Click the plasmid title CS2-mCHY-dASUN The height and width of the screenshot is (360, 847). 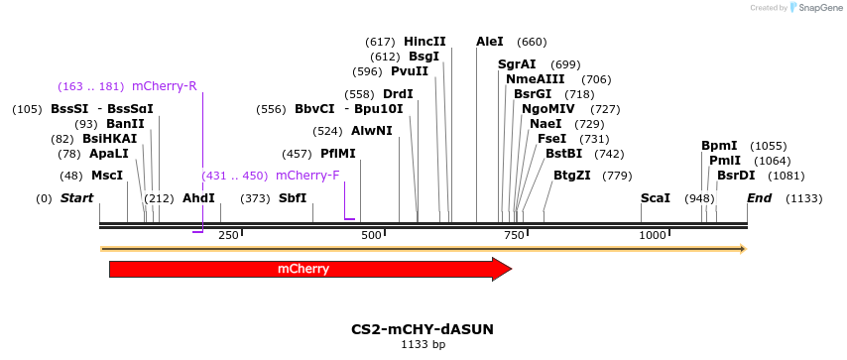pyautogui.click(x=423, y=329)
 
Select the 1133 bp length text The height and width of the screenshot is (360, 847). pyautogui.click(x=423, y=345)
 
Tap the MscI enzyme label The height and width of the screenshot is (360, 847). pyautogui.click(x=107, y=176)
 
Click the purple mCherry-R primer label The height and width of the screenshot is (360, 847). pyautogui.click(x=164, y=86)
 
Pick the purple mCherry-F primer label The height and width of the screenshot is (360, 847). pyautogui.click(x=307, y=176)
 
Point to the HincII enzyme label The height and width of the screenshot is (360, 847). pyautogui.click(x=424, y=42)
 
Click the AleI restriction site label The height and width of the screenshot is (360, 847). pyautogui.click(x=490, y=42)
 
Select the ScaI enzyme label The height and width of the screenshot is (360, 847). pyautogui.click(x=656, y=198)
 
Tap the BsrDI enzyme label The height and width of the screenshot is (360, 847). pyautogui.click(x=736, y=176)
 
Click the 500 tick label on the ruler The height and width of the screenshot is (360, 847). pyautogui.click(x=372, y=235)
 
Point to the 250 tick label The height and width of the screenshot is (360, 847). pyautogui.click(x=228, y=235)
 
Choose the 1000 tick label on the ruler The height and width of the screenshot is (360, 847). pyautogui.click(x=653, y=235)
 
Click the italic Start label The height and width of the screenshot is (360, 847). pyautogui.click(x=76, y=198)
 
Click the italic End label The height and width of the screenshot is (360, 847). pyautogui.click(x=759, y=198)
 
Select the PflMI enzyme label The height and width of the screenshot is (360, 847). pyautogui.click(x=337, y=154)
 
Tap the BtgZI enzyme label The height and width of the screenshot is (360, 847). pyautogui.click(x=572, y=176)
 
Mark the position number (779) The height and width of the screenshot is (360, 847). pyautogui.click(x=617, y=176)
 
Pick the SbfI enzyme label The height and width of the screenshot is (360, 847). pyautogui.click(x=293, y=198)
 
